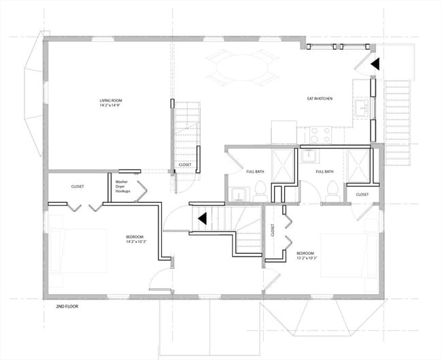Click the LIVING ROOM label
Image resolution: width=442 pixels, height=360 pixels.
(x=111, y=101)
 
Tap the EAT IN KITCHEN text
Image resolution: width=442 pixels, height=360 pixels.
(x=320, y=99)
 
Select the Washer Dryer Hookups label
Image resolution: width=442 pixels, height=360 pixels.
(x=122, y=186)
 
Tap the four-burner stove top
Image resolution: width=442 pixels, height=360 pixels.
(x=319, y=135)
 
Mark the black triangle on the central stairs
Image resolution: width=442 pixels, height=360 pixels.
(x=202, y=218)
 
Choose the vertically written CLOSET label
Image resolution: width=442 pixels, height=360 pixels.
(x=272, y=231)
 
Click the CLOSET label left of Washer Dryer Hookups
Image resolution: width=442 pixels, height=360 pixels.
(x=78, y=186)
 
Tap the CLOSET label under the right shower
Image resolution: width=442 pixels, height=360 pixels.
(x=362, y=195)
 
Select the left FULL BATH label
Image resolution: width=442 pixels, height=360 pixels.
(x=255, y=171)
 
